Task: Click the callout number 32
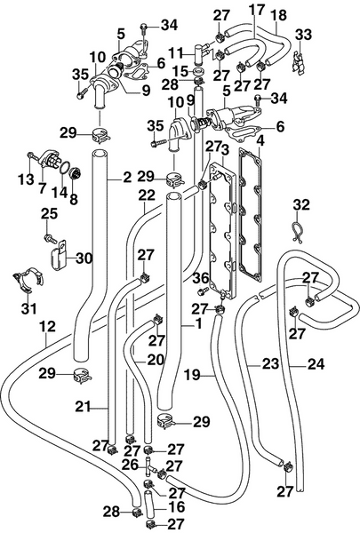tap(302, 205)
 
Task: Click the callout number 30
tap(84, 259)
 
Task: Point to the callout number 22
tap(148, 195)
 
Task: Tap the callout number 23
tap(270, 363)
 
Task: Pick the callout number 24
tap(317, 363)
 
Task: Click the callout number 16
tap(176, 505)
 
